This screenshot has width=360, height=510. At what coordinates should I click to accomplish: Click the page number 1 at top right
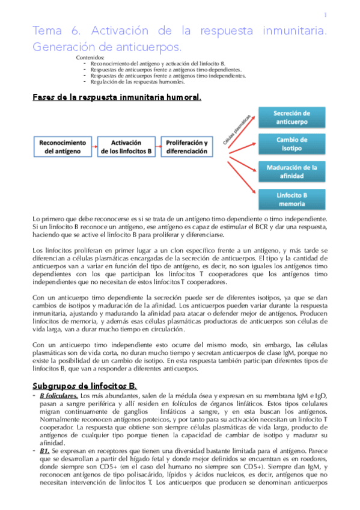325,15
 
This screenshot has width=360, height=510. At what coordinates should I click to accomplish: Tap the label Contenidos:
90,57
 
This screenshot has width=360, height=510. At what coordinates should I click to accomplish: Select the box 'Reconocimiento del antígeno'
61,147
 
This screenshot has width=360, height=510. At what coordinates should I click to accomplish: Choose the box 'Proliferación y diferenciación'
187,147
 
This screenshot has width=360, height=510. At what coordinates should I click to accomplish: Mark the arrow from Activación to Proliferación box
157,147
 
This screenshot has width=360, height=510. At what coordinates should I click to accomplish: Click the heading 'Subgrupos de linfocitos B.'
84,384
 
